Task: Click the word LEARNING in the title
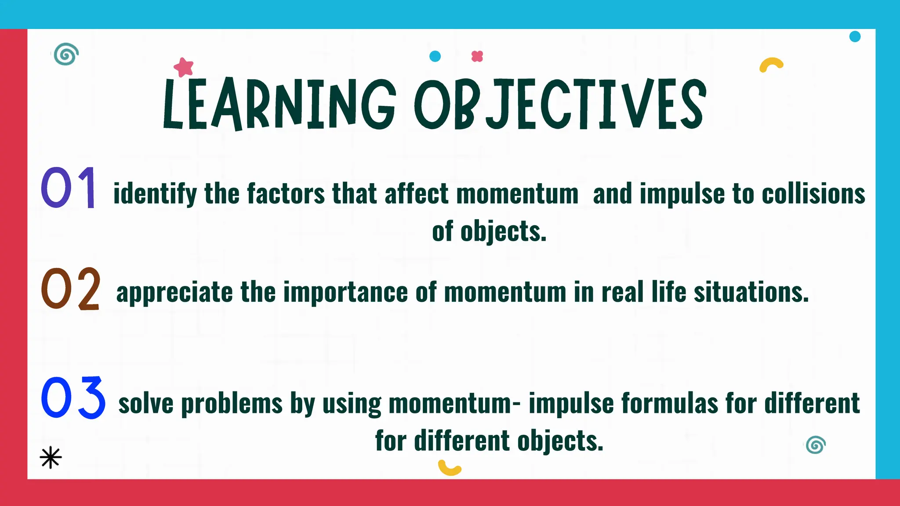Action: (279, 105)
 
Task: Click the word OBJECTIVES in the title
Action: (560, 105)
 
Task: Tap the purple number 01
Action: (69, 188)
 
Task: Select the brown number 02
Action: (70, 289)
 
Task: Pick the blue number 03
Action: (73, 398)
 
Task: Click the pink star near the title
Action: (184, 67)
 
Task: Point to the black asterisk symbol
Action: (51, 458)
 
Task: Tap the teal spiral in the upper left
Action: (66, 54)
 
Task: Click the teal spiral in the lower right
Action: (816, 445)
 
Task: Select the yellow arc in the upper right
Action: (771, 64)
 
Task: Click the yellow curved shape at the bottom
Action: (449, 468)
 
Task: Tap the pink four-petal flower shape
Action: (477, 56)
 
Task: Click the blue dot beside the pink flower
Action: (435, 56)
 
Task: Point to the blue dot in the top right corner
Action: (855, 36)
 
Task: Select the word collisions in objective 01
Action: (813, 194)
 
